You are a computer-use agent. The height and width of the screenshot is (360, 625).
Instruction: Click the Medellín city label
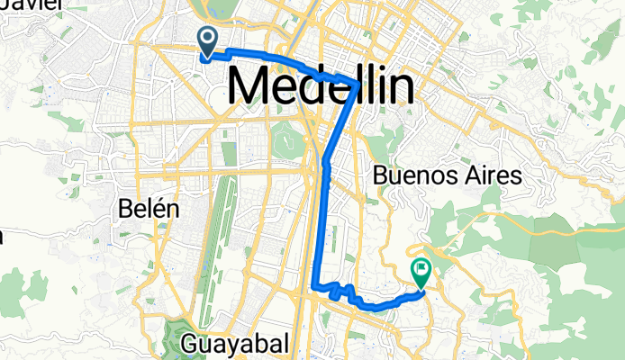click(322, 87)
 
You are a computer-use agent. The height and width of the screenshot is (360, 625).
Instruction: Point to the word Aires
click(494, 175)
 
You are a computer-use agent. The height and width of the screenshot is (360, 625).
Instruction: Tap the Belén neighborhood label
click(149, 209)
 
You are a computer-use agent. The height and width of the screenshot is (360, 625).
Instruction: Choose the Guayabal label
click(235, 343)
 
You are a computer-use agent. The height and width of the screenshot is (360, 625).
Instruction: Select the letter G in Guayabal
click(191, 343)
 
